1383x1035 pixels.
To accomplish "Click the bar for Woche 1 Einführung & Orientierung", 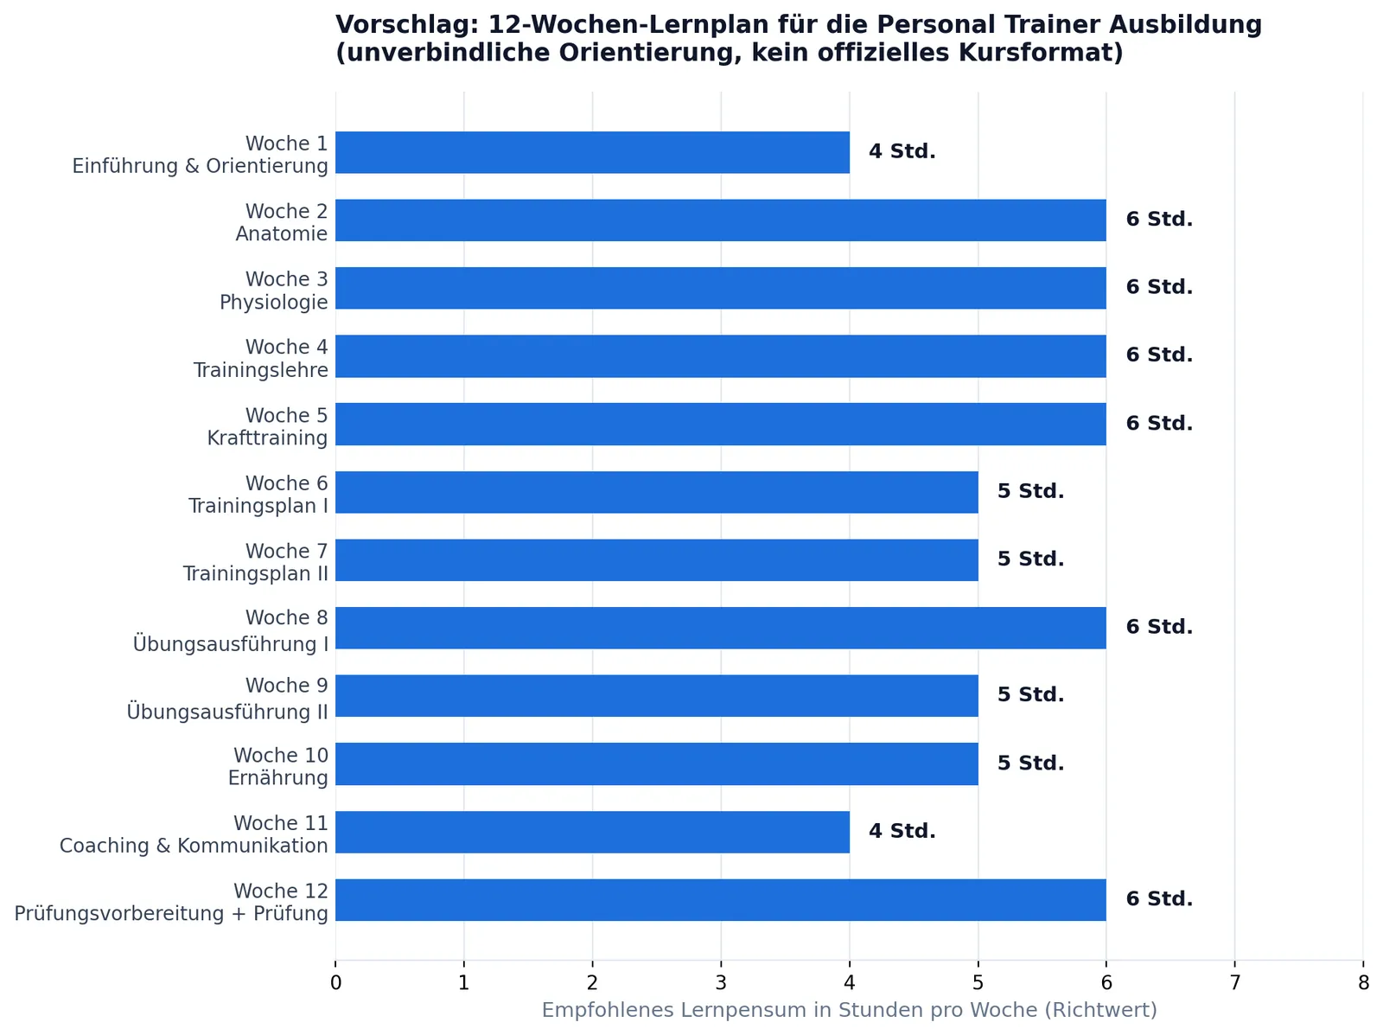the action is pos(592,152).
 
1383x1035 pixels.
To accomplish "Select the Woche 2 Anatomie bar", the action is pos(721,220).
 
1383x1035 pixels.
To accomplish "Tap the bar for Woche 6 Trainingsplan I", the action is pos(657,492).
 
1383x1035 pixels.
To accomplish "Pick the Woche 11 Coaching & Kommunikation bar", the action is pos(592,832).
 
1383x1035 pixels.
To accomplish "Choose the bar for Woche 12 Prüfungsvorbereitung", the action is pos(721,900).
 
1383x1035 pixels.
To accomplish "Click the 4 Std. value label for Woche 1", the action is pos(902,151).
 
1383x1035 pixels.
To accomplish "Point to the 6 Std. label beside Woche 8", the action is pos(1159,627).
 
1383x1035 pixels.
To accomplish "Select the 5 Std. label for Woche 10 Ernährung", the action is pos(1031,763).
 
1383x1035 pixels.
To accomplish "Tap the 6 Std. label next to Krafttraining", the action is pos(1159,423).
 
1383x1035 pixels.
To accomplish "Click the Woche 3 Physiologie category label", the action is pos(274,290).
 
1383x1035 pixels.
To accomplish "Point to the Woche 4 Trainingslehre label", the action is pos(261,358).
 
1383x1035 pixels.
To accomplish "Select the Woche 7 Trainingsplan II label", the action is pos(256,562).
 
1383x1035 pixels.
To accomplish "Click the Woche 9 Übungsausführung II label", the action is pos(227,698).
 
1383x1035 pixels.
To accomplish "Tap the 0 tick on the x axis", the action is pos(336,982).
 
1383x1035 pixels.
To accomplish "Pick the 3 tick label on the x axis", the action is pos(721,982).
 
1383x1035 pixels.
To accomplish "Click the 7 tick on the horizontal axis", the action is pos(1235,982).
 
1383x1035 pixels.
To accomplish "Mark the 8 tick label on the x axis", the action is pos(1363,982).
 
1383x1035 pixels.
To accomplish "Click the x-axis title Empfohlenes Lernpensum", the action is pos(850,1010).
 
